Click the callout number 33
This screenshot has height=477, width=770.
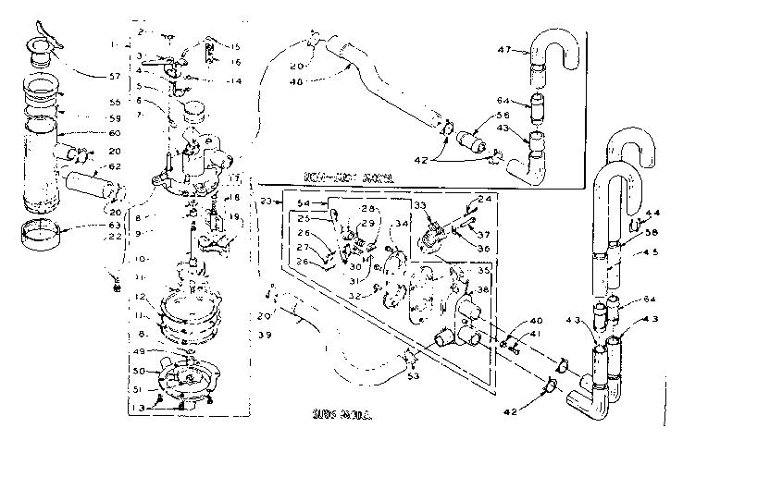pos(418,205)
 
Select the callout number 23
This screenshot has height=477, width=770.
pos(266,201)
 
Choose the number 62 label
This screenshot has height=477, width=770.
pos(114,166)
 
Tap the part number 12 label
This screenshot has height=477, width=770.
pos(139,297)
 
